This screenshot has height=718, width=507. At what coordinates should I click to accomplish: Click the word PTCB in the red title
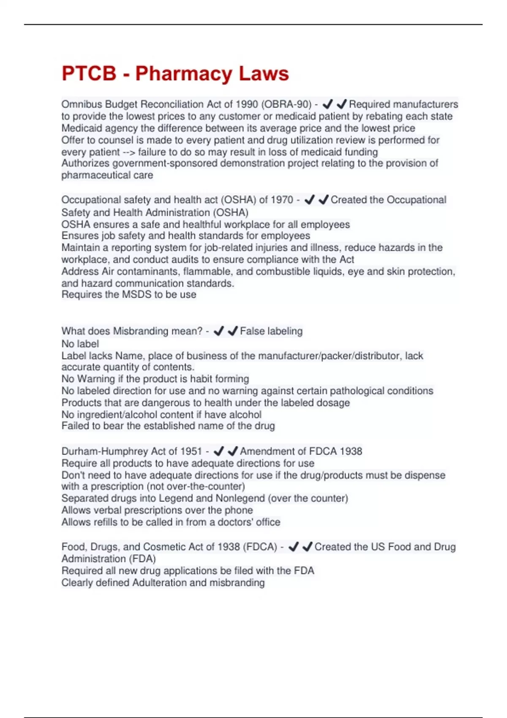89,73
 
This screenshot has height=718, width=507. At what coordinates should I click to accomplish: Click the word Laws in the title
264,73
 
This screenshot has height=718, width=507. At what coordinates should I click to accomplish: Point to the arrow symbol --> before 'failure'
129,152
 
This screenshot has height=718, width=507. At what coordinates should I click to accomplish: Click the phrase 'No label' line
80,344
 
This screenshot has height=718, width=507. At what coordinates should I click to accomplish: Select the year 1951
191,451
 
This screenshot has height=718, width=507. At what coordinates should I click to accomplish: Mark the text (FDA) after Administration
145,559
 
